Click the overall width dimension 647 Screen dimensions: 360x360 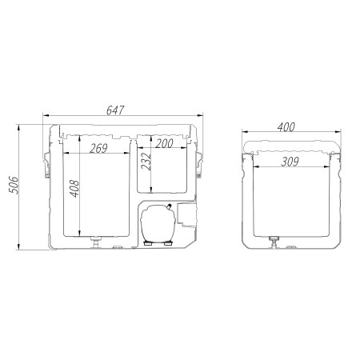tap(115, 110)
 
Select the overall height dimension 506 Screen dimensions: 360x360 tap(14, 185)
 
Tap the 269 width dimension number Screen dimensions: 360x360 tap(98, 148)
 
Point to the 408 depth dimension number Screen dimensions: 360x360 tap(74, 189)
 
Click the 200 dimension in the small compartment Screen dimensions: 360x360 tap(164, 143)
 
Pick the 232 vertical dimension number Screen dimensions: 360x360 tap(146, 162)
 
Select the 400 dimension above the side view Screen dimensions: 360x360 tap(286, 127)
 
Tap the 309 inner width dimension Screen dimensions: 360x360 tap(290, 162)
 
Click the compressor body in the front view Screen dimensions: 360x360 tap(158, 223)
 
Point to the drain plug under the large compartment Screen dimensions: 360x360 tap(96, 242)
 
